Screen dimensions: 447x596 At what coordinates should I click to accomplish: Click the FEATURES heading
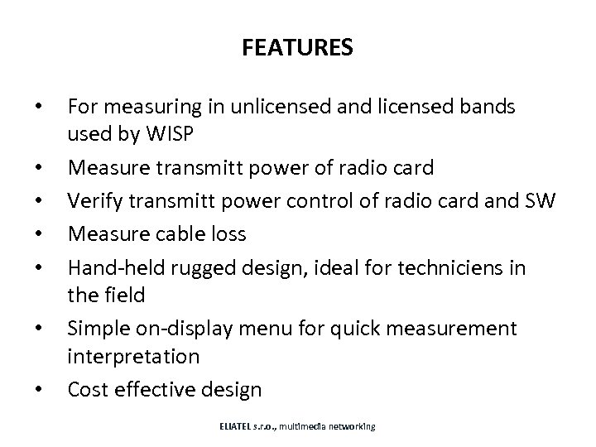coord(298,48)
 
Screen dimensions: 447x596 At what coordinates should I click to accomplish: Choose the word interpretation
coord(133,357)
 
